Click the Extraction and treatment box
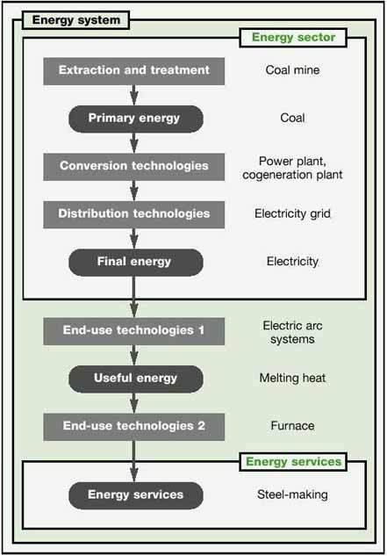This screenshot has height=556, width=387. (134, 71)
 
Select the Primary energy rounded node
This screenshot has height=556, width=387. (136, 119)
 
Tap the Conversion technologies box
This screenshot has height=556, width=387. (134, 167)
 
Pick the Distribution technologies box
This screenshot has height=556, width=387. (134, 214)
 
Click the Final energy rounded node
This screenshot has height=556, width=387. (136, 263)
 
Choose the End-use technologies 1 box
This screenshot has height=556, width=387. (134, 331)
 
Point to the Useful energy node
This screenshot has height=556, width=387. (136, 379)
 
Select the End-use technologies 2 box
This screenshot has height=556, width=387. (134, 427)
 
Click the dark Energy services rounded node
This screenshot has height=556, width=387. (136, 495)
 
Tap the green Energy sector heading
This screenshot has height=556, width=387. (293, 38)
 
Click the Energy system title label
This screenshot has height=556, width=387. (75, 20)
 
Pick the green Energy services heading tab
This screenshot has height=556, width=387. (293, 462)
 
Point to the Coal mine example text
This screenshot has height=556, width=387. (292, 70)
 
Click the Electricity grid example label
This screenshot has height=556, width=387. (292, 213)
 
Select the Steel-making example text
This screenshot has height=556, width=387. (292, 495)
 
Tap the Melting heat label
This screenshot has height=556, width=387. (292, 379)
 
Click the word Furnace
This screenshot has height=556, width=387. (292, 426)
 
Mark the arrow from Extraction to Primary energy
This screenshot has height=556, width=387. (134, 95)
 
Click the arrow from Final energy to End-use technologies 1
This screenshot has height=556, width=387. (134, 297)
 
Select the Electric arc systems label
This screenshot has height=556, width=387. (292, 333)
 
